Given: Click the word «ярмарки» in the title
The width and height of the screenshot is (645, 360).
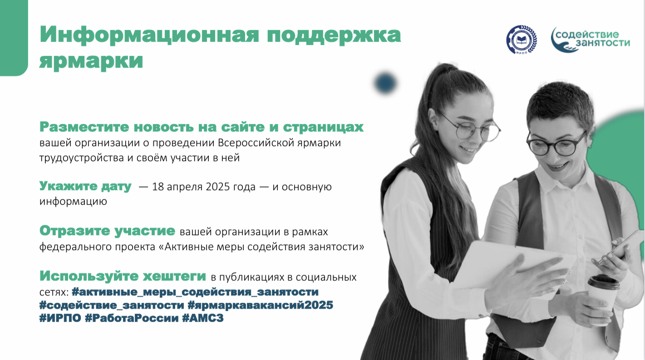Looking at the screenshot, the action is (x=91, y=61).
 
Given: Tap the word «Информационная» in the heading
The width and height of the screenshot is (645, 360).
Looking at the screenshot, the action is (x=149, y=35).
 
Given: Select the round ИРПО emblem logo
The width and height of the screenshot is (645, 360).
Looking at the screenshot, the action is (x=522, y=39).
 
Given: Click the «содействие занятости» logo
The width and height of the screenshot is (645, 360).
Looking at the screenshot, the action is (x=590, y=39).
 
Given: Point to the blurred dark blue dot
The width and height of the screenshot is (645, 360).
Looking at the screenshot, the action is (x=385, y=83).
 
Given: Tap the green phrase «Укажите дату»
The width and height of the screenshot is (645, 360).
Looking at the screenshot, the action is (x=85, y=186).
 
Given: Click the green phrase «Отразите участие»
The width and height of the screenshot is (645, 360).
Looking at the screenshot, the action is (x=107, y=231).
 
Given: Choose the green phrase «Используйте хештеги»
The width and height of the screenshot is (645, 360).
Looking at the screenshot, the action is (x=123, y=276).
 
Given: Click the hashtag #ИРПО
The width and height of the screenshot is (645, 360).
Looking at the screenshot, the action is (x=60, y=318).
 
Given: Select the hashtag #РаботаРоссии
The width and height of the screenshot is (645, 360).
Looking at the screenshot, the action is (x=132, y=318).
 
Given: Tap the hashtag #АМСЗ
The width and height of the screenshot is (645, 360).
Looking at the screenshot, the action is (x=203, y=318).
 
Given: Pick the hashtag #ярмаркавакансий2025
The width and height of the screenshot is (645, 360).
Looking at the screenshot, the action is (x=260, y=305).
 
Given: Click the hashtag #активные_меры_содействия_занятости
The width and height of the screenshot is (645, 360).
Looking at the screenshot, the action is (x=195, y=292).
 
